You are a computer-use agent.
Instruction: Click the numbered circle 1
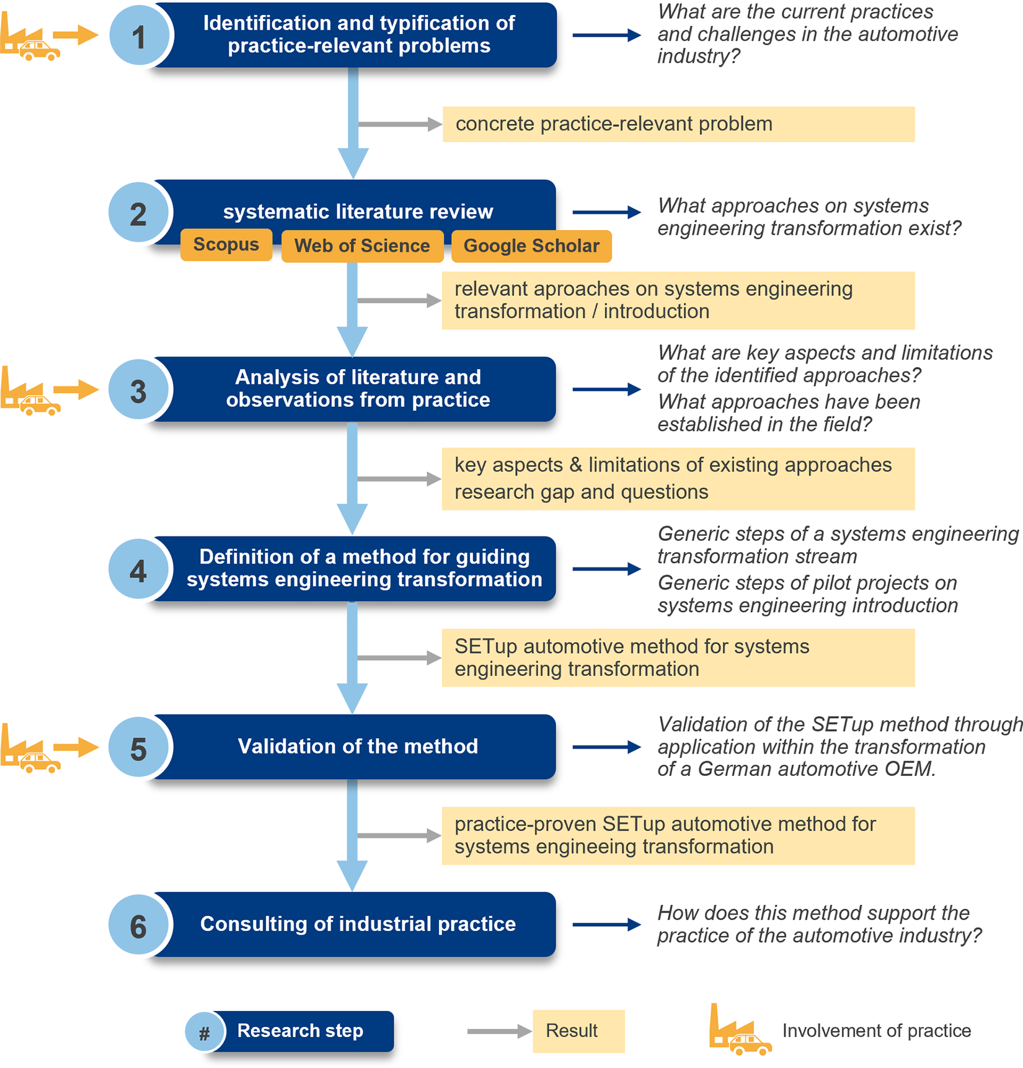click(139, 36)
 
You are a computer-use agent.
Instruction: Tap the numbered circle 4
click(138, 569)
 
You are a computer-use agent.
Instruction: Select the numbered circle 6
click(138, 925)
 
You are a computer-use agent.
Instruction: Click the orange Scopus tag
click(226, 245)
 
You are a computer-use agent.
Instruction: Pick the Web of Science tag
click(363, 246)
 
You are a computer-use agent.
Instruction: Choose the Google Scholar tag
click(531, 246)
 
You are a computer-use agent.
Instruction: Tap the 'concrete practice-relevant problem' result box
click(678, 124)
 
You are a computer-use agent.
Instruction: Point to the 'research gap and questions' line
click(581, 492)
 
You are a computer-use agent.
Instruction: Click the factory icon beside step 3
click(30, 391)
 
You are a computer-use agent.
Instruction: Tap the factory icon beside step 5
click(30, 748)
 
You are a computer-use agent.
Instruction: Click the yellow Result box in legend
click(578, 1031)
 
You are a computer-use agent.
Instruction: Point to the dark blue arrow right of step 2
click(607, 212)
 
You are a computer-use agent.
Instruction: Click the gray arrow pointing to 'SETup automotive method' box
click(399, 658)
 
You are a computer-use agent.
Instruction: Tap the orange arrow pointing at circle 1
click(76, 35)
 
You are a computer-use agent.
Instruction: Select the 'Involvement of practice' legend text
click(877, 1031)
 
